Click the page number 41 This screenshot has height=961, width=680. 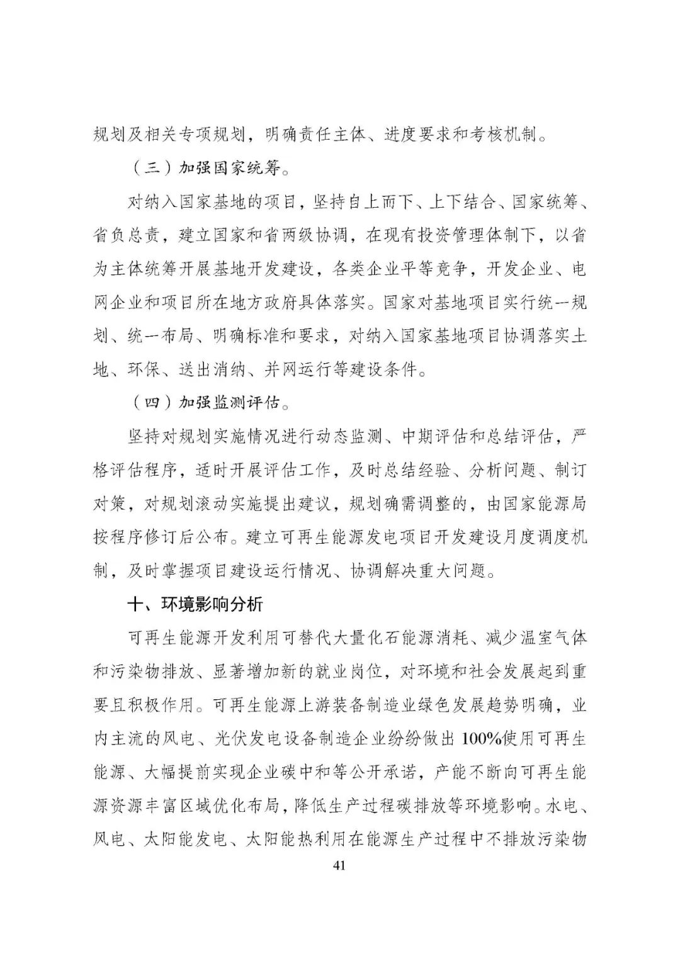[x=339, y=865]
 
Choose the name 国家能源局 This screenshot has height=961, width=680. [x=546, y=503]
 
